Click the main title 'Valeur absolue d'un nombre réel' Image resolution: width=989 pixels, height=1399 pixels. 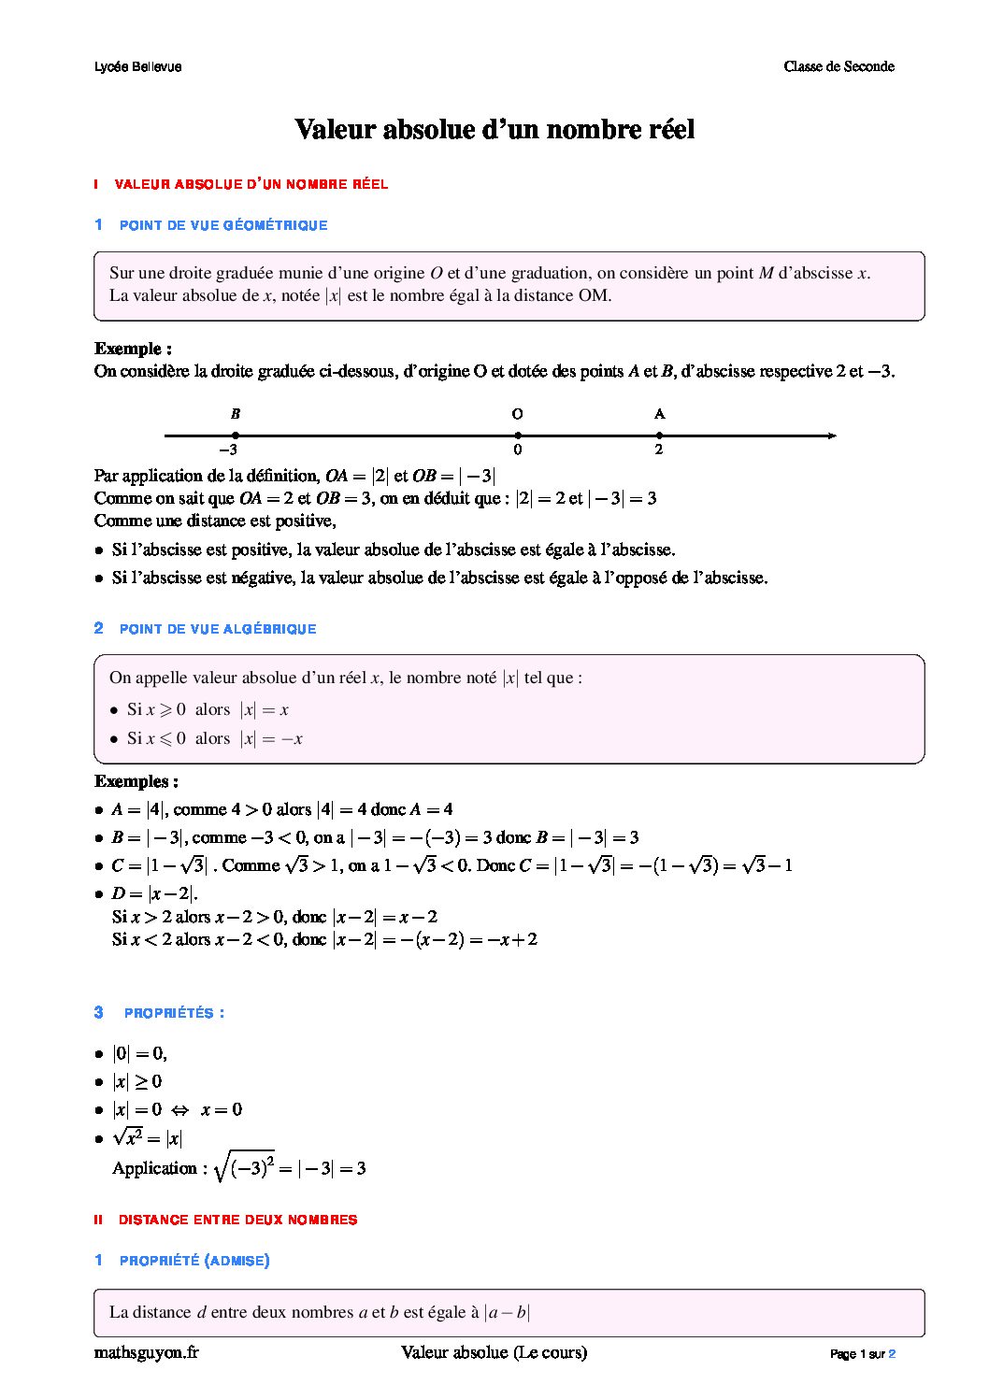[x=494, y=129]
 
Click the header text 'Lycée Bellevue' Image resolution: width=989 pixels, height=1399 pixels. [x=138, y=66]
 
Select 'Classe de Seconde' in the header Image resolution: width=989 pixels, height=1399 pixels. [x=838, y=66]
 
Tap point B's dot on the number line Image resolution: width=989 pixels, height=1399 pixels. [x=236, y=435]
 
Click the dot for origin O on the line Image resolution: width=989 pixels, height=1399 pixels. [x=518, y=435]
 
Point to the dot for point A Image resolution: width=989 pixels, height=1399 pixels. [x=659, y=435]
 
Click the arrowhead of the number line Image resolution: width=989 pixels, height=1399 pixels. [x=831, y=435]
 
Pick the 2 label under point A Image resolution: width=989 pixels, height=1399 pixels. [x=659, y=450]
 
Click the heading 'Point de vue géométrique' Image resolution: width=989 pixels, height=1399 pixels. [x=223, y=225]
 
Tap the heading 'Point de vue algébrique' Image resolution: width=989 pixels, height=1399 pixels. [x=218, y=629]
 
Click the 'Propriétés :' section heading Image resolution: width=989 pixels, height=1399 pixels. [x=174, y=1013]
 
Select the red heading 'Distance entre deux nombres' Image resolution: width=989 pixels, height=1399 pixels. [x=237, y=1220]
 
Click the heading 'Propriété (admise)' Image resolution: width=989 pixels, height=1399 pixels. [x=194, y=1261]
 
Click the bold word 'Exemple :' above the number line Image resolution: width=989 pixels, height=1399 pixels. [x=133, y=349]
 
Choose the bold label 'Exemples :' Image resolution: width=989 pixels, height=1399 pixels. [x=136, y=781]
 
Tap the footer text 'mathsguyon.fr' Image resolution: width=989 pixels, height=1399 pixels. [x=147, y=1352]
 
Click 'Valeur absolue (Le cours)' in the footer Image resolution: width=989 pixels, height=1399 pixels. [x=494, y=1352]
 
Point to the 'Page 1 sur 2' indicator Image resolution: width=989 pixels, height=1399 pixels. [x=862, y=1354]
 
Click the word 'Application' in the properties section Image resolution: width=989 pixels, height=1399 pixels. [x=154, y=1168]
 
